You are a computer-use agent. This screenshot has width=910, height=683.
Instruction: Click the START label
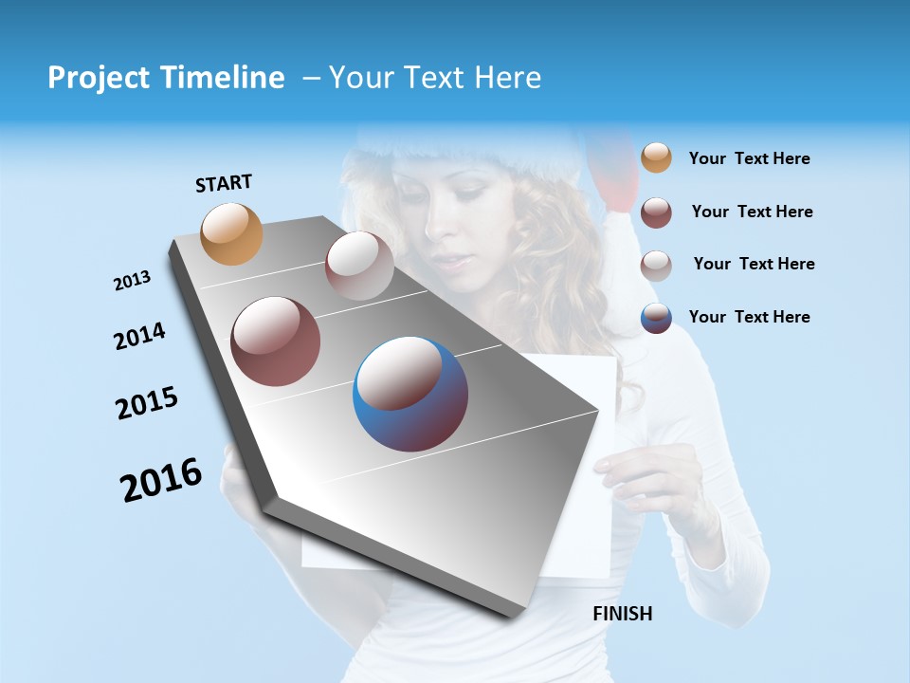point(224,183)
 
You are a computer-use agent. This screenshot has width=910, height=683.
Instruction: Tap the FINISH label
point(622,614)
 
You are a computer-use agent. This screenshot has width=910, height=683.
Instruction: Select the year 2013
point(132,281)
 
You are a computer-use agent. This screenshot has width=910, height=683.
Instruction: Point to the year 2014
point(139,337)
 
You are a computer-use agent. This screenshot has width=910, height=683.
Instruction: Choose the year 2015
point(147,403)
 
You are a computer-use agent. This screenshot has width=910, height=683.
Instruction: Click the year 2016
point(161,480)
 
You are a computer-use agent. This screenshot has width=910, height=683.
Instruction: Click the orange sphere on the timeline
point(232,234)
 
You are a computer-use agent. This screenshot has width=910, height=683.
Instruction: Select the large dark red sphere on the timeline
point(276,341)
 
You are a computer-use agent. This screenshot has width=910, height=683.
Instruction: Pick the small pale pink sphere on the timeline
point(359,266)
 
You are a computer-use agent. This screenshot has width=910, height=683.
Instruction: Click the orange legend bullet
point(656,157)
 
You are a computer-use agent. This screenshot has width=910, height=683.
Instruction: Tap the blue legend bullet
point(656,318)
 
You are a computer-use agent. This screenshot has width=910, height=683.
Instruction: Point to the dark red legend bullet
point(656,212)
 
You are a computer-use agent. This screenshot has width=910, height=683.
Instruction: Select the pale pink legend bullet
point(656,266)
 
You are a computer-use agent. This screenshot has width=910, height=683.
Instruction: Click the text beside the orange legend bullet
point(749,159)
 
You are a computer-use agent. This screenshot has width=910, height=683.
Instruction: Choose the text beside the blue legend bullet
point(749,317)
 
